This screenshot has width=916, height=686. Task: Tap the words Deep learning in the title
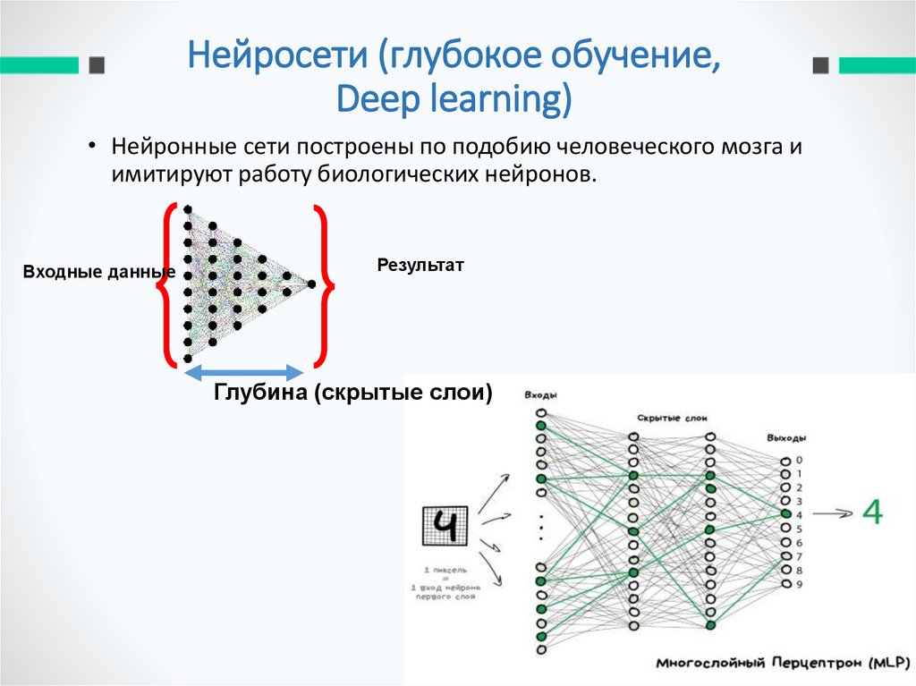(x=454, y=98)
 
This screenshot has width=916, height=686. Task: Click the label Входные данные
(x=98, y=271)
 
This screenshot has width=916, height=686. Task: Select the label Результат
(x=420, y=265)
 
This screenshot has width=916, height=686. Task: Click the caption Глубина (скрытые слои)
(x=352, y=393)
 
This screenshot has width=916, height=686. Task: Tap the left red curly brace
(x=165, y=285)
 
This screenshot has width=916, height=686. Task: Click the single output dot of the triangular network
(x=311, y=284)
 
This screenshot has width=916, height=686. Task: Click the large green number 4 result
(x=872, y=512)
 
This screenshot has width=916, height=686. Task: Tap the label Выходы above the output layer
(x=786, y=438)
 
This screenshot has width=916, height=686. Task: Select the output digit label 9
(x=799, y=584)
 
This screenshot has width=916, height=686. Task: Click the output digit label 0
(x=799, y=460)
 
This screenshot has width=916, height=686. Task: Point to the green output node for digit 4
(x=785, y=514)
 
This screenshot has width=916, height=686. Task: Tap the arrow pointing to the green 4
(x=832, y=513)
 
